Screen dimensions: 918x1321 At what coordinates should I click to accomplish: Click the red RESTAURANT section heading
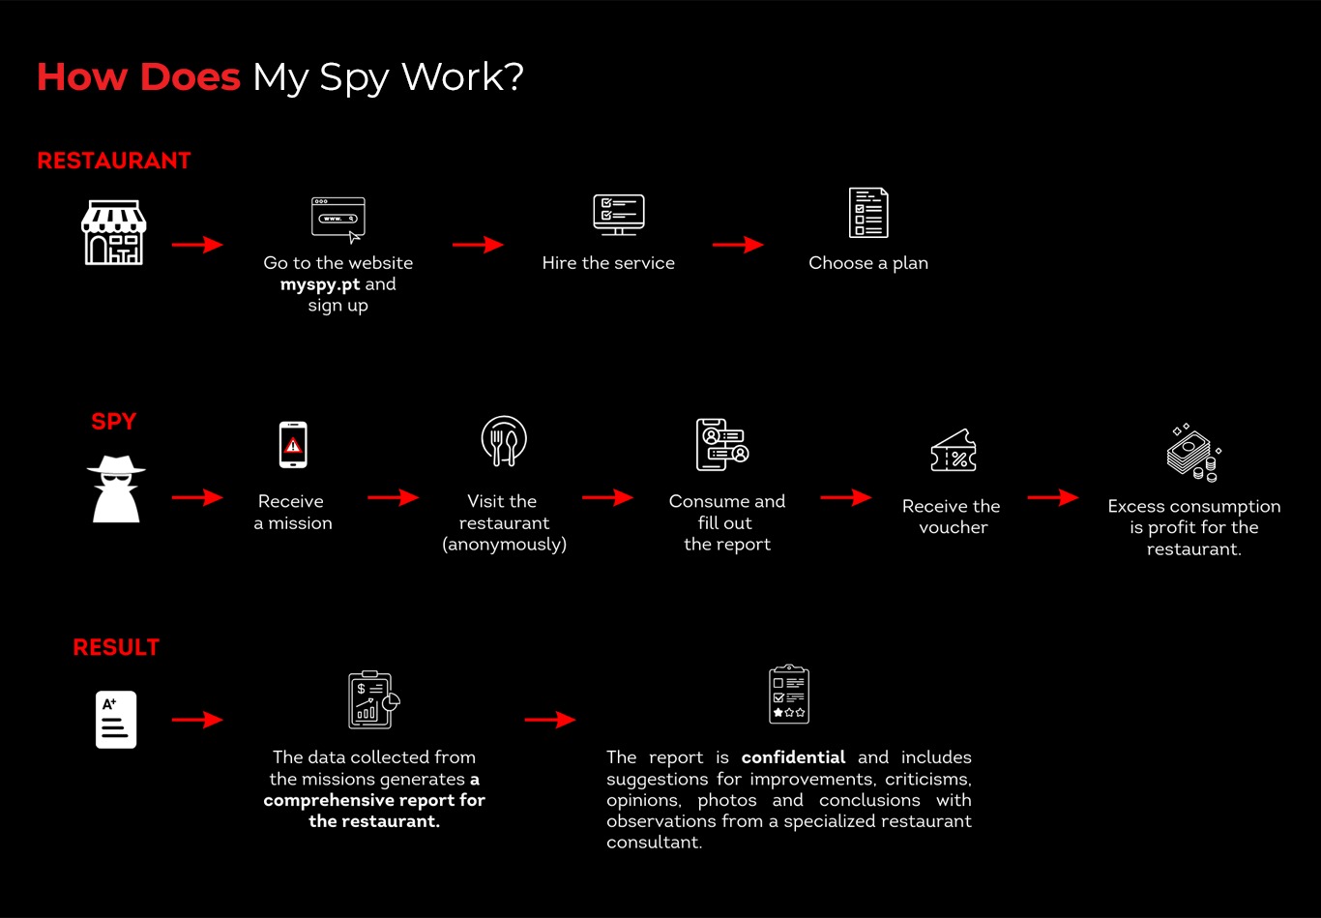(x=114, y=161)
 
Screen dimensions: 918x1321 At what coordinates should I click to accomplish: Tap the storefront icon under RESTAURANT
(x=113, y=233)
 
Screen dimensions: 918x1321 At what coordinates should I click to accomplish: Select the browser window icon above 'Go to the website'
(x=338, y=219)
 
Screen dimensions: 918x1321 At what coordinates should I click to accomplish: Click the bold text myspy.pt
(x=320, y=284)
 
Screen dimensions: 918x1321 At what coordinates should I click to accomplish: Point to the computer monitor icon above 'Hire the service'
(x=618, y=214)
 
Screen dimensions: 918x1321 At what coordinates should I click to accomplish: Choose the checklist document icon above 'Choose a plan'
(x=867, y=213)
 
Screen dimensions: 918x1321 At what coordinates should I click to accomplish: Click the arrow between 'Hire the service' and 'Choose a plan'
(x=738, y=245)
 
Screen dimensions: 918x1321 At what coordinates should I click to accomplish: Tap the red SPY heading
(x=114, y=422)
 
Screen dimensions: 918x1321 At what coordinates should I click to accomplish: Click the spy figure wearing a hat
(x=115, y=489)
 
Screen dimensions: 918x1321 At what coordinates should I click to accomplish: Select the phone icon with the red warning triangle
(x=292, y=445)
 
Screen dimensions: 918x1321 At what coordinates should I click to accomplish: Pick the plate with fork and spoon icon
(x=504, y=442)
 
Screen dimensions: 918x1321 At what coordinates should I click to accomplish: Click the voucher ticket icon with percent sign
(x=953, y=452)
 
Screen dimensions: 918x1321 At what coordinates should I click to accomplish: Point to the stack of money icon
(x=1192, y=453)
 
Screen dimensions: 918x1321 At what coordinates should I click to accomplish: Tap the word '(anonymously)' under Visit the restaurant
(x=504, y=545)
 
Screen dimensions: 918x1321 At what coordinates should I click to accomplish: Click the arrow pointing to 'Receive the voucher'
(x=845, y=497)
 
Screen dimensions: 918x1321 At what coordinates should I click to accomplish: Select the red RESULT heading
(x=116, y=647)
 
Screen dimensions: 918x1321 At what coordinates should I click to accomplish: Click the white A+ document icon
(x=116, y=720)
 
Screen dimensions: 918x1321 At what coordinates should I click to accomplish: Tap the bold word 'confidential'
(x=793, y=757)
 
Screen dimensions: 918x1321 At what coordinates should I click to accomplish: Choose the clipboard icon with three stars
(x=788, y=695)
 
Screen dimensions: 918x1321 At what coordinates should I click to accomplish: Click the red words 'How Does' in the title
(x=138, y=77)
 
